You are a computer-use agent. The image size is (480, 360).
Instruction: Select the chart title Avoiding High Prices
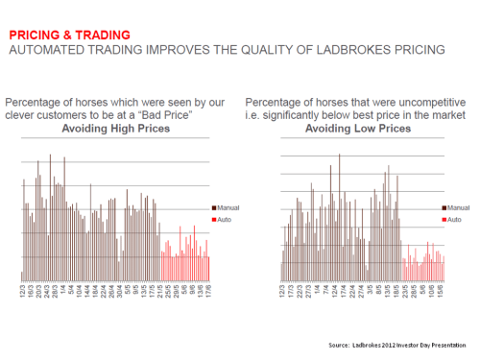116,129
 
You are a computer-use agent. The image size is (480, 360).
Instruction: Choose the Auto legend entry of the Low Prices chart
453,220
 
